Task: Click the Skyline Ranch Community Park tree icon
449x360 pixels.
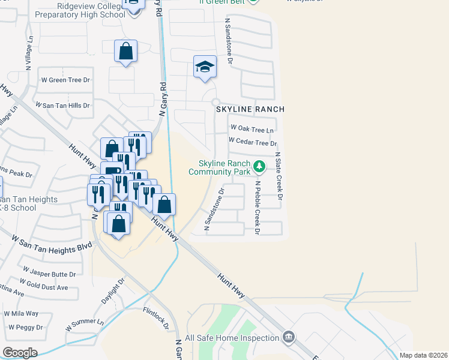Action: point(259,166)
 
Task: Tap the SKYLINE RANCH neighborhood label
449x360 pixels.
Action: point(250,110)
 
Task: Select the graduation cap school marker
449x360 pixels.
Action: point(205,67)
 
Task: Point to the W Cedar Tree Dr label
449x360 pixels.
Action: point(253,143)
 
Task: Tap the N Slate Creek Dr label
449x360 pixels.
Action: point(279,176)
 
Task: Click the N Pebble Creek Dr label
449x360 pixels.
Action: point(258,208)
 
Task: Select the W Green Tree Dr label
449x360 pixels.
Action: point(65,79)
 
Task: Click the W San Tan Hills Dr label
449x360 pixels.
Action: point(63,105)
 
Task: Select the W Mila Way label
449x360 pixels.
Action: point(21,313)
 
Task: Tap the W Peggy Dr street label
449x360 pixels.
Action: point(25,328)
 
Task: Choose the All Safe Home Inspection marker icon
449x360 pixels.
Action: point(289,337)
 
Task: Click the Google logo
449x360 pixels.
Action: point(20,353)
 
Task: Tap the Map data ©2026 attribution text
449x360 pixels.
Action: point(423,355)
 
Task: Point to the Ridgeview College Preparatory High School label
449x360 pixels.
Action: point(80,10)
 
